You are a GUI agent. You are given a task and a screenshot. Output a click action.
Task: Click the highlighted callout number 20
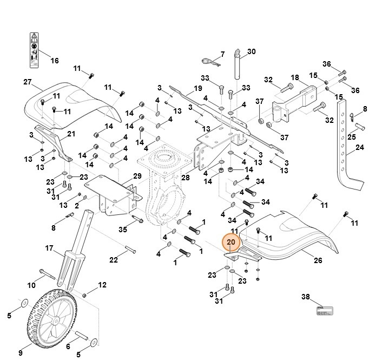click(x=231, y=243)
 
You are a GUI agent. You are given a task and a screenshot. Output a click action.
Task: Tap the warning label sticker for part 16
click(x=35, y=49)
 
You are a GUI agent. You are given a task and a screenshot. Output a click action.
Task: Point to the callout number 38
click(x=306, y=297)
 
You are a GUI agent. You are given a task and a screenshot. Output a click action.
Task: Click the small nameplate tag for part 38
click(x=324, y=312)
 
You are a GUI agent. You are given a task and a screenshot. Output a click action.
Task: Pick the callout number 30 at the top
click(x=252, y=52)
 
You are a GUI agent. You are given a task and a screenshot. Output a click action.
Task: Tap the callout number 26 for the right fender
click(x=318, y=260)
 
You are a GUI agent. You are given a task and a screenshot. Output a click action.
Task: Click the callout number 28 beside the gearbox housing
click(x=186, y=178)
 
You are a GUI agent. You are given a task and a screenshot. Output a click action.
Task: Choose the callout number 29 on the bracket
click(x=137, y=176)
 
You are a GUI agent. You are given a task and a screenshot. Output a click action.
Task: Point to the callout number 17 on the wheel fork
click(x=49, y=248)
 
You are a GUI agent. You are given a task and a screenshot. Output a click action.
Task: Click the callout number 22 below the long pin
click(x=114, y=260)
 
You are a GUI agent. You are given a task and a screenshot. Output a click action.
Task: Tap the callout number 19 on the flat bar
click(x=197, y=88)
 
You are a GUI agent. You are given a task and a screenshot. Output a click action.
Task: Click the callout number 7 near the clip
click(x=221, y=55)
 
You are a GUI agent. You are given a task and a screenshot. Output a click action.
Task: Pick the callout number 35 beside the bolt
click(x=123, y=230)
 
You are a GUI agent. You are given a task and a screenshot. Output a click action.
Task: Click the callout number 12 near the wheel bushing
click(x=102, y=284)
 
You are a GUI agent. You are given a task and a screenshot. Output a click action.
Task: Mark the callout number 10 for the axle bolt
click(x=31, y=285)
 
